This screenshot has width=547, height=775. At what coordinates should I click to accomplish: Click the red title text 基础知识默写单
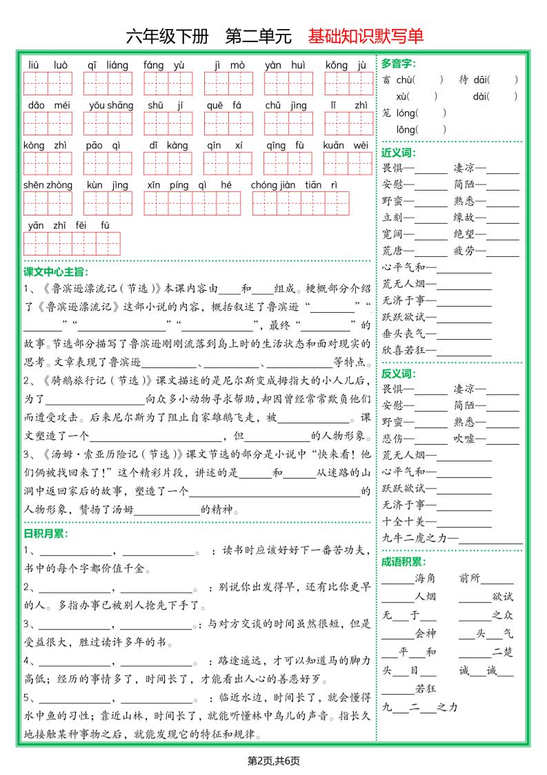coord(366,36)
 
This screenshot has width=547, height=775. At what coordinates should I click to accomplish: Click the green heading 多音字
coord(398,64)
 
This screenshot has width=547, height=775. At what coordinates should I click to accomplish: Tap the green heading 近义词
coord(398,152)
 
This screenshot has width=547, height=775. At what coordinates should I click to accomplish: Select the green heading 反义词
coord(398,374)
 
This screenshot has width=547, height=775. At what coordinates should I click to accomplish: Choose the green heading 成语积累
coord(404,562)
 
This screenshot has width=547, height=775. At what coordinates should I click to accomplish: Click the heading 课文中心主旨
coord(57,271)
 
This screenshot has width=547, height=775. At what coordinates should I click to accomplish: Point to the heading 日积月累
coord(46,533)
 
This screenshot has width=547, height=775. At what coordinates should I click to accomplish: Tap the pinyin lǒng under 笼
coord(406,129)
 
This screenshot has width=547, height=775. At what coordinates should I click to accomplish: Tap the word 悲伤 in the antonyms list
coord(393,439)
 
